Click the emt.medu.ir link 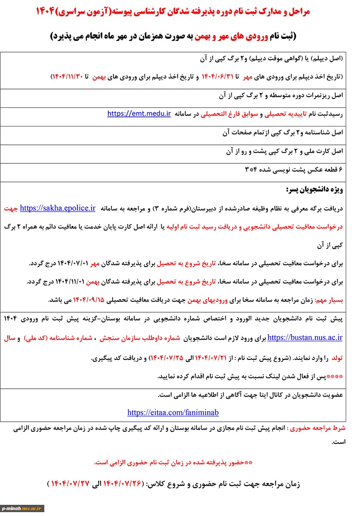(139, 114)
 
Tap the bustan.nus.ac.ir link (305, 338)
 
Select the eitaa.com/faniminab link (173, 412)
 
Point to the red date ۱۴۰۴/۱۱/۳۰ (68, 77)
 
